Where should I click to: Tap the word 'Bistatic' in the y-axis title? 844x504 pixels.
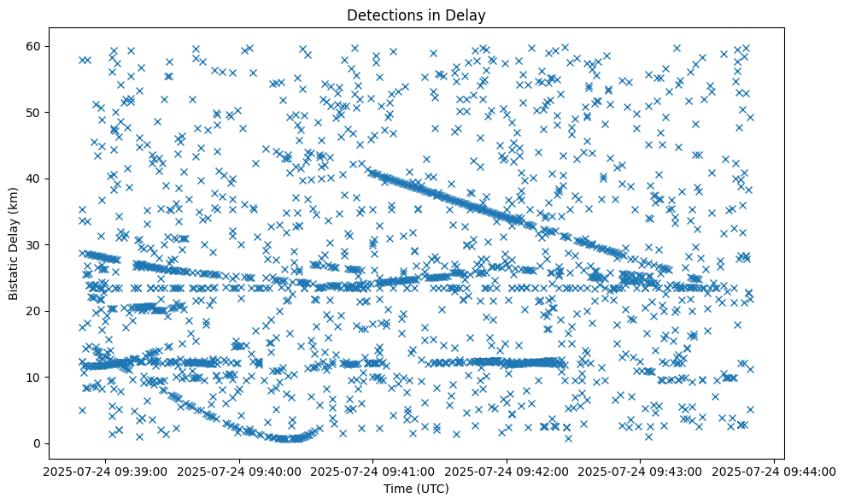click(15, 276)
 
